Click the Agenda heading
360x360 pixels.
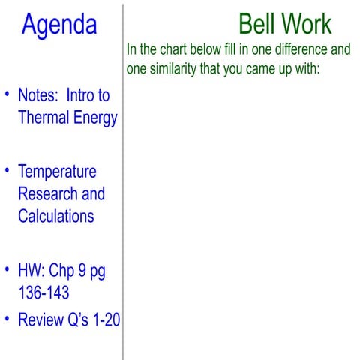tap(59, 25)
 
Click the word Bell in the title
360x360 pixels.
tap(257, 25)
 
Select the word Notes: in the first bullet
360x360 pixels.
tap(38, 96)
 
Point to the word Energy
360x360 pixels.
tap(95, 118)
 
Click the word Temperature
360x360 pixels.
tap(58, 172)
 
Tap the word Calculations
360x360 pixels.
tap(56, 216)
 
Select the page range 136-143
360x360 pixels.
tap(46, 292)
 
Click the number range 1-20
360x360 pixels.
tap(104, 320)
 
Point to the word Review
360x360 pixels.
tap(41, 320)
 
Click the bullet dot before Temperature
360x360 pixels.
tap(8, 171)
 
